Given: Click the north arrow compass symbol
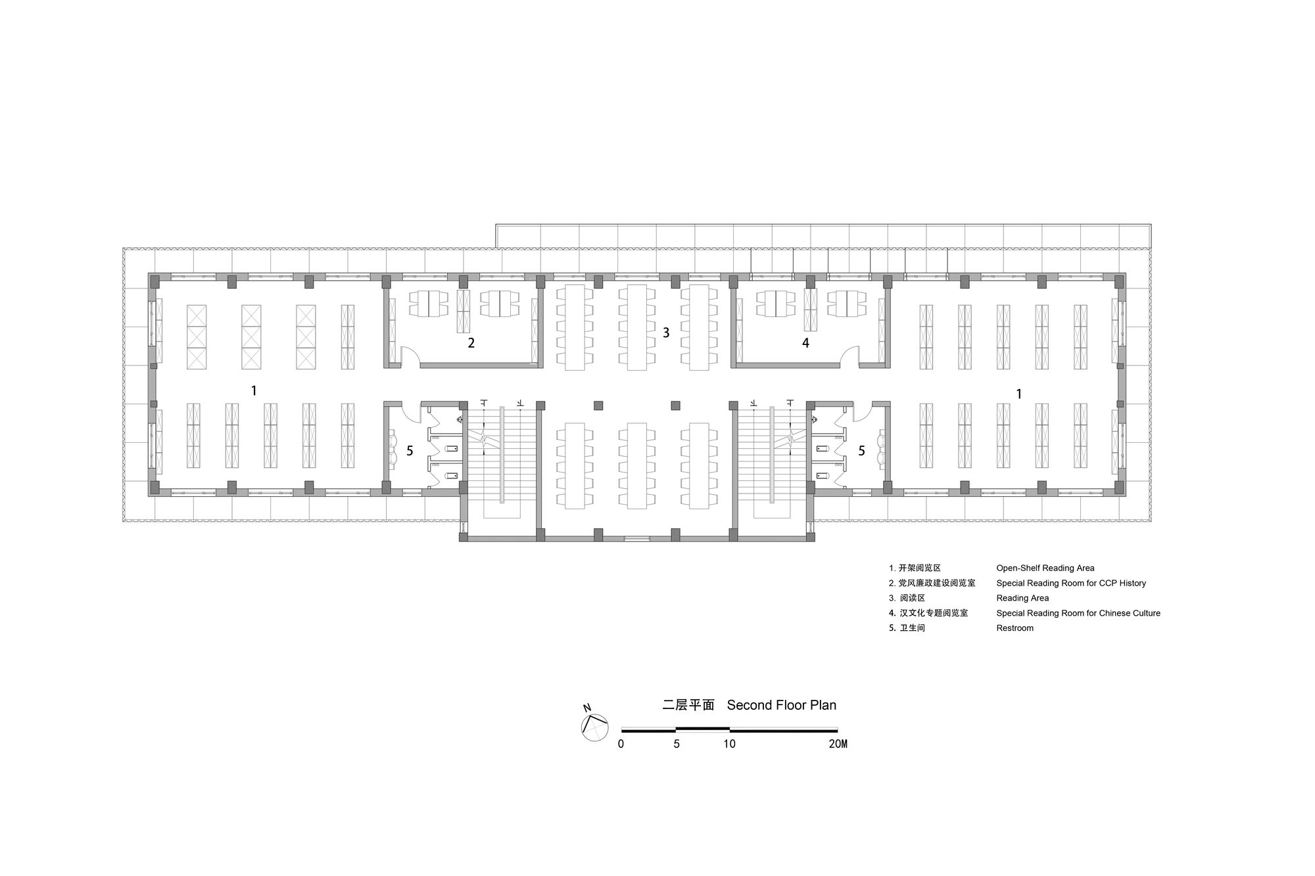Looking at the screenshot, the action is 594,727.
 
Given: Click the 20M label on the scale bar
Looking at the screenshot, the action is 838,744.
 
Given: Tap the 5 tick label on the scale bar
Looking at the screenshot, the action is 677,744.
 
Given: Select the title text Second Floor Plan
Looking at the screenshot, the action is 782,705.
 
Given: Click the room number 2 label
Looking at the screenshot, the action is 471,343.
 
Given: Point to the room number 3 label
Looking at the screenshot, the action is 666,333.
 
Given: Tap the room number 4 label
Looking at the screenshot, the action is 805,343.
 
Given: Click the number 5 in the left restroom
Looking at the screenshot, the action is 410,451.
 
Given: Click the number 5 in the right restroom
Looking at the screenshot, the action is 861,451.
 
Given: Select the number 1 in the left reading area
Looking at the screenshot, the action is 254,390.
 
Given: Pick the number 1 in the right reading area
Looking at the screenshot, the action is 1019,394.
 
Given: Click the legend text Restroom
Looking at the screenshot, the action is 1015,628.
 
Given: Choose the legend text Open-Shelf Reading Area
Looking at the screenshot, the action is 1045,568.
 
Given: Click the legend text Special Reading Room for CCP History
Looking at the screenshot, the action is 1071,583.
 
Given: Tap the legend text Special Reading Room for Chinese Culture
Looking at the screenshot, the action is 1078,613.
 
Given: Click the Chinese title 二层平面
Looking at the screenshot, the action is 688,705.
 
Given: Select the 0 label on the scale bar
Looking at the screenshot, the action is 621,744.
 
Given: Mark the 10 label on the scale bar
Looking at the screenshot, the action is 729,744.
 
